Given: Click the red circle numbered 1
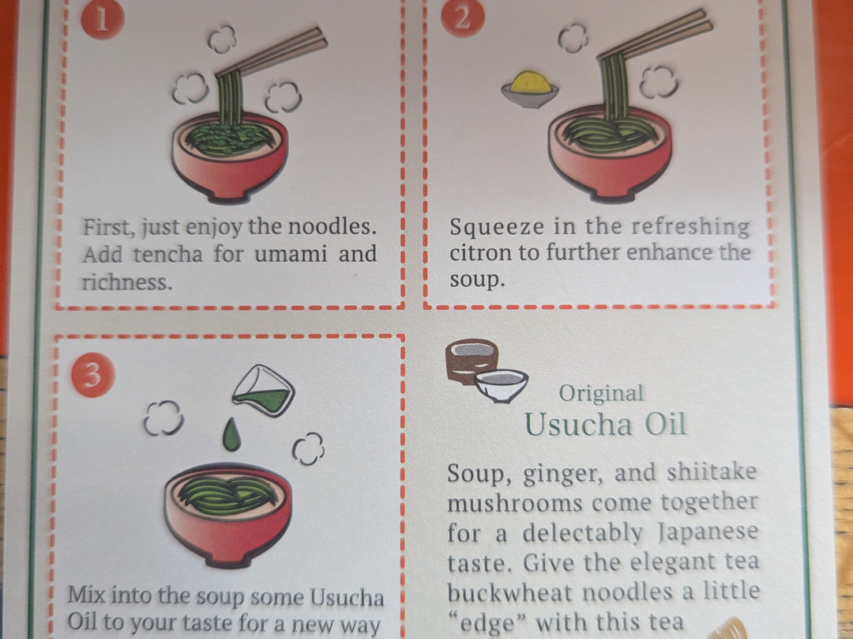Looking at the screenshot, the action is point(103,20).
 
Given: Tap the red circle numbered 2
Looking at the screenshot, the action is point(462,17).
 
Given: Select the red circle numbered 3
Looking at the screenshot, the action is point(93,376).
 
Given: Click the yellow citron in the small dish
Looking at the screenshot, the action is point(531,82).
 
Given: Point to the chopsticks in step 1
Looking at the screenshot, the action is point(271,52).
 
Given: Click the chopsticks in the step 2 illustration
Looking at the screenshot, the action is point(655,34).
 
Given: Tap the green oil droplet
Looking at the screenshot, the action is point(231,435).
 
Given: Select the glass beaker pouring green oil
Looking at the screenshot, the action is point(264,391).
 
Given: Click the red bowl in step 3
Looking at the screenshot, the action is point(228,514).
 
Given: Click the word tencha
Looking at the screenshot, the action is point(168,255).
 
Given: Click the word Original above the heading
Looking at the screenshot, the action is point(601,393).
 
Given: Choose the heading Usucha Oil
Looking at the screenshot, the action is point(605,425).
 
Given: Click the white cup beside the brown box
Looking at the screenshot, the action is point(501,384).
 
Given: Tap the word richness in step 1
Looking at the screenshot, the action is point(126,282).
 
